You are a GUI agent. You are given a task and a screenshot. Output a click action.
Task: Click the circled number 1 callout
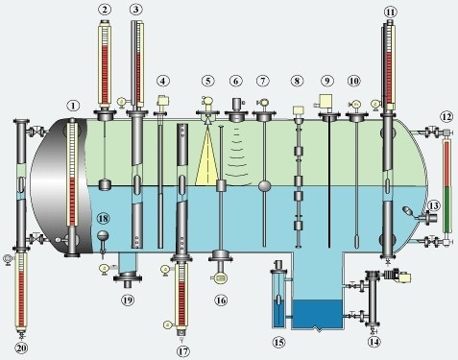click(x=74, y=106)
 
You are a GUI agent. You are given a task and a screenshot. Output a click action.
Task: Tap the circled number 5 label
click(x=208, y=81)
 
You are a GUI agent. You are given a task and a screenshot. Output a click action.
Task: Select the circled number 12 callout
click(x=446, y=117)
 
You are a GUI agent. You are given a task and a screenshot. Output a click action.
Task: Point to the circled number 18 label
click(x=103, y=219)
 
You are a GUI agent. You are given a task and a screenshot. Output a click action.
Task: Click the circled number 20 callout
click(x=21, y=348)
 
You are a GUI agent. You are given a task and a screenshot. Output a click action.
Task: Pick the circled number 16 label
click(x=221, y=300)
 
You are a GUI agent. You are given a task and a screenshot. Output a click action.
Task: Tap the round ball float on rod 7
click(x=264, y=185)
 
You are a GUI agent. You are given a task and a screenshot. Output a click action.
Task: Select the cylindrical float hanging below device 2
click(x=105, y=184)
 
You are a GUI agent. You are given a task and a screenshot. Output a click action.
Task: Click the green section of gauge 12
click(x=446, y=209)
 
